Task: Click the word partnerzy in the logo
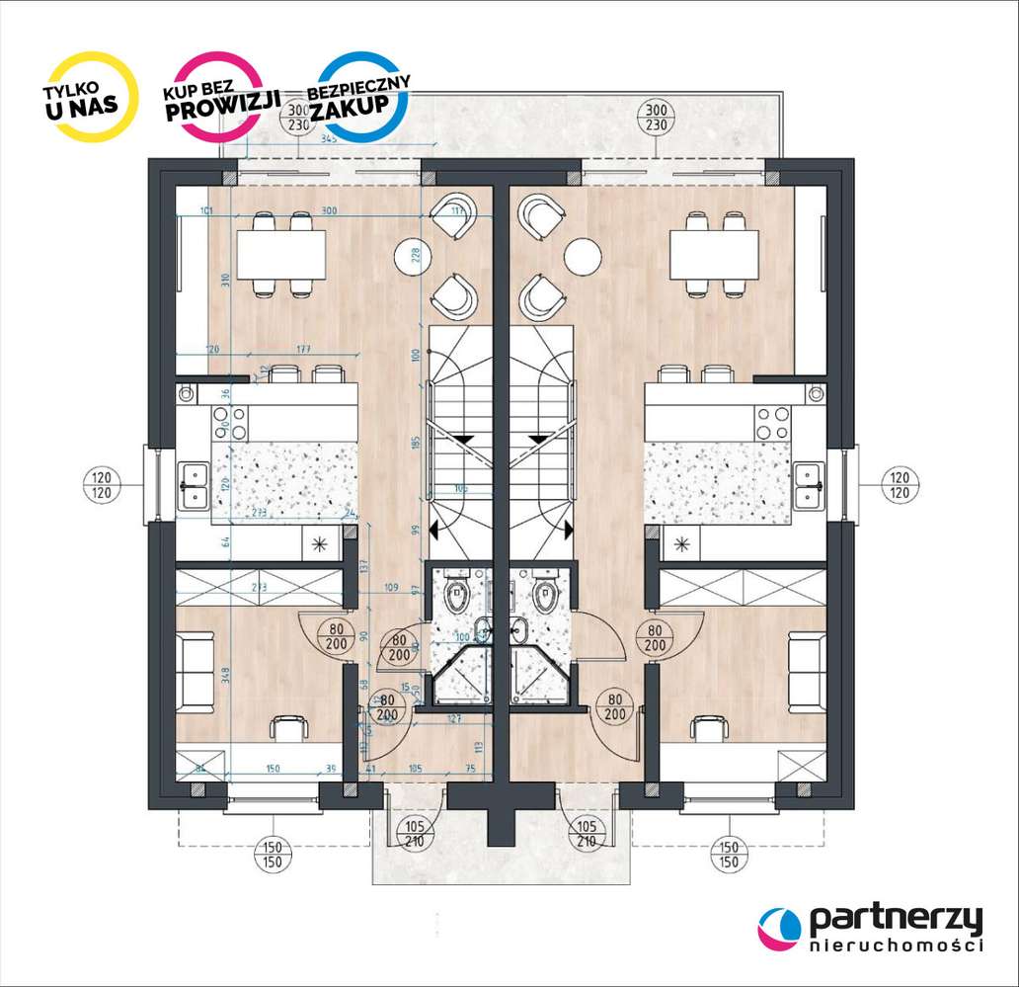click(x=896, y=921)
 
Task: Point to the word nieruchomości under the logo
click(x=896, y=946)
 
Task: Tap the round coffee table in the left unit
click(x=414, y=257)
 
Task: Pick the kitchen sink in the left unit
click(x=193, y=484)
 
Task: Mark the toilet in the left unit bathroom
click(x=456, y=597)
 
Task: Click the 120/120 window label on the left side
click(x=107, y=485)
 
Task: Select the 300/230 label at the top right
click(x=657, y=118)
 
